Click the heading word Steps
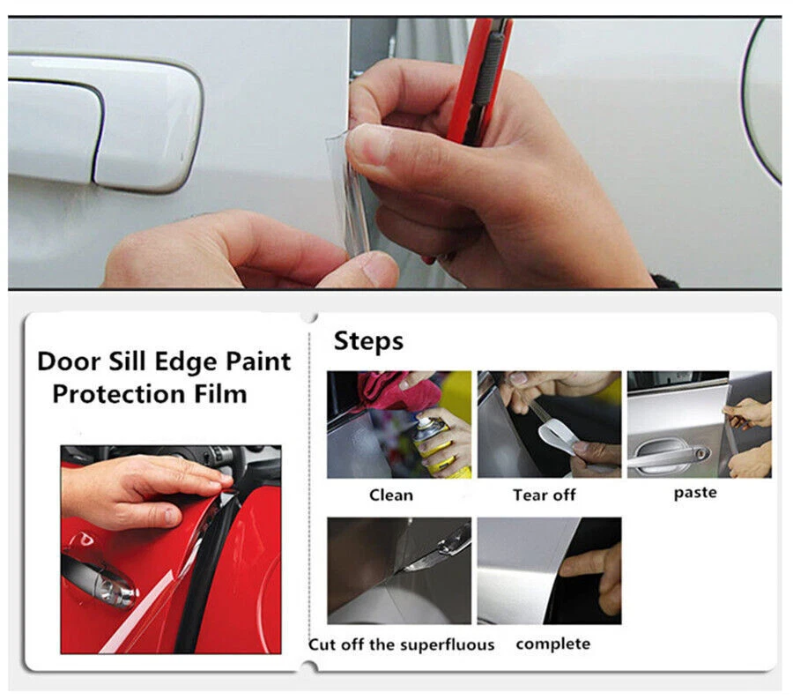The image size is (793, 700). click(368, 341)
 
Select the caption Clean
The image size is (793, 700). click(390, 495)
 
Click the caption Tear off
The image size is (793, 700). click(544, 495)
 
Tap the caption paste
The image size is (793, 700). click(695, 493)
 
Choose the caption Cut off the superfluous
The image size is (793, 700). click(401, 644)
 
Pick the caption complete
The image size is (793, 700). click(552, 644)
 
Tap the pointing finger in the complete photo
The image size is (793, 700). click(590, 564)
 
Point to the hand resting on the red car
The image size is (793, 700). click(132, 489)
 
